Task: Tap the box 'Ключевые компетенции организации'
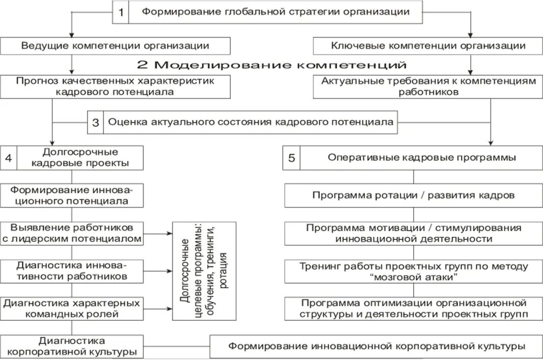[x=428, y=46]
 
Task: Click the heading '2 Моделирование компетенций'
[x=271, y=65]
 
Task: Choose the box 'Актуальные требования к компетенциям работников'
[x=428, y=87]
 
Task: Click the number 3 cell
[x=95, y=122]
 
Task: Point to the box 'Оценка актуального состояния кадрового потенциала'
[x=250, y=122]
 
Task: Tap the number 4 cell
[x=9, y=157]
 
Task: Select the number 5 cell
[x=291, y=158]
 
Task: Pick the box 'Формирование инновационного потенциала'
[x=71, y=196]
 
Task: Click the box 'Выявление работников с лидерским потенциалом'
[x=71, y=233]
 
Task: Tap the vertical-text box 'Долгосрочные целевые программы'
[x=204, y=270]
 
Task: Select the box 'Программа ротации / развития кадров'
[x=413, y=196]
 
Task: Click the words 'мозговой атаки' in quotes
[x=413, y=277]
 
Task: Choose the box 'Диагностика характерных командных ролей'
[x=71, y=308]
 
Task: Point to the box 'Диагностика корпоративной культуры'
[x=71, y=346]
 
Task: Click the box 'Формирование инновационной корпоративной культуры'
[x=376, y=346]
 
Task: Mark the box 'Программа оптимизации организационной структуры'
[x=413, y=308]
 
